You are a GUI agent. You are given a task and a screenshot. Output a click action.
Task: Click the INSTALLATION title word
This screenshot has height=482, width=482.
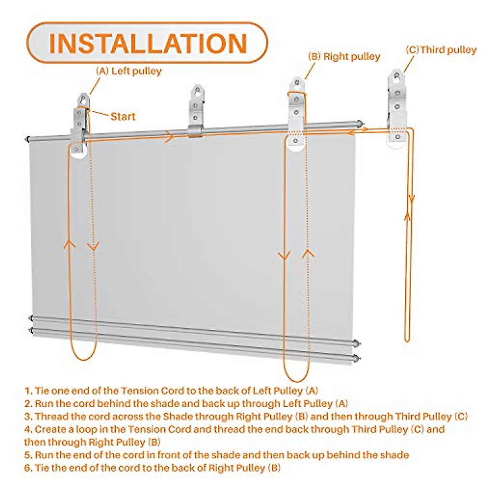pos(147,43)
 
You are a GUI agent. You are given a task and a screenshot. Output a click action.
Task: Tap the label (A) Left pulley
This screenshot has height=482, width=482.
pos(129,71)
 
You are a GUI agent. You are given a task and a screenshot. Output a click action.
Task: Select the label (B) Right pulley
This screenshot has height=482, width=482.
pos(344,57)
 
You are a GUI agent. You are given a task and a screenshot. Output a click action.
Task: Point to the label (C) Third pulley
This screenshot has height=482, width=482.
pos(441,50)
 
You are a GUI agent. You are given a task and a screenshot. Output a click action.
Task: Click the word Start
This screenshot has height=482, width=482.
pos(123,116)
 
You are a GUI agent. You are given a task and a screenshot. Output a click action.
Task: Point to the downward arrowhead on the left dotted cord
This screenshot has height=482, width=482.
pos(93,247)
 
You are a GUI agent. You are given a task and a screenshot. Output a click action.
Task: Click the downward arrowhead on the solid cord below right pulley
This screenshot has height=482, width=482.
pos(284,255)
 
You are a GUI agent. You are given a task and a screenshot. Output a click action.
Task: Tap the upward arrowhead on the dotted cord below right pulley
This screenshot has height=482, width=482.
pos(308,253)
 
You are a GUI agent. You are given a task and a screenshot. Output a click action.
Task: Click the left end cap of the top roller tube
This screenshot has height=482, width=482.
pos(27,139)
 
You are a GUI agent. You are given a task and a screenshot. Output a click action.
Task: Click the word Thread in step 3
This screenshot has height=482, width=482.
pos(49,417)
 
